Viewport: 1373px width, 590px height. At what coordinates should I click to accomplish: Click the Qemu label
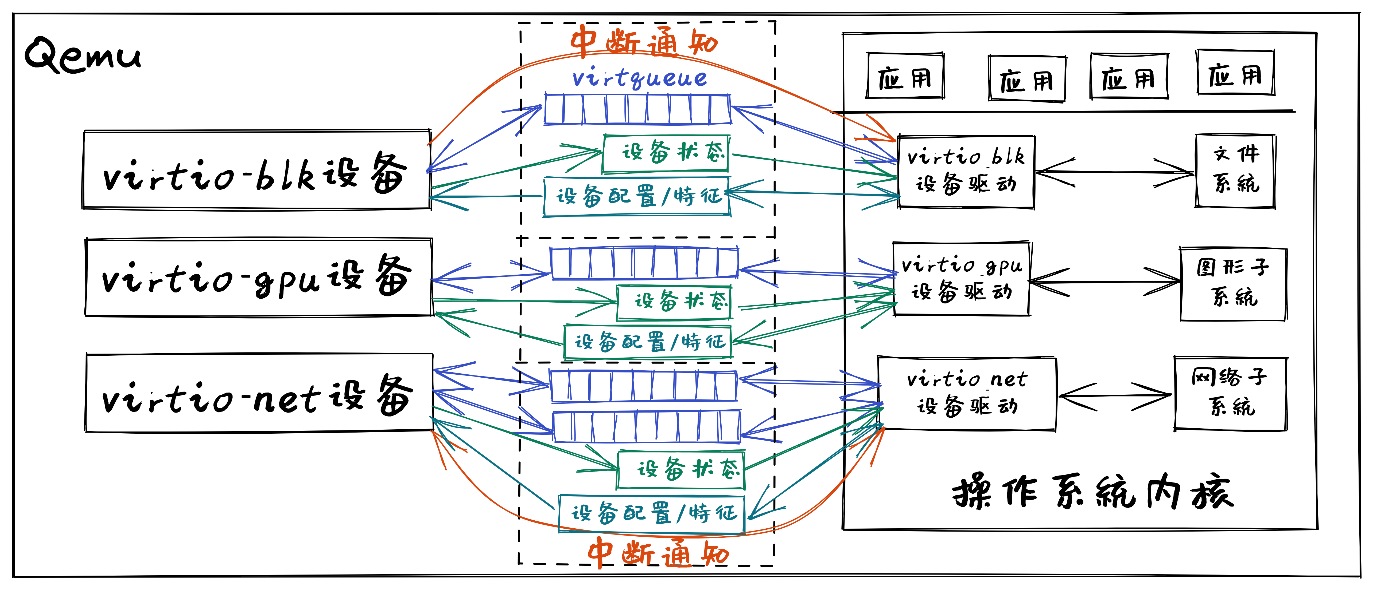tap(83, 56)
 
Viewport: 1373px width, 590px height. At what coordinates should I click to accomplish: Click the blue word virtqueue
tap(640, 78)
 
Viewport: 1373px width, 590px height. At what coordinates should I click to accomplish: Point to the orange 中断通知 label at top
tap(644, 42)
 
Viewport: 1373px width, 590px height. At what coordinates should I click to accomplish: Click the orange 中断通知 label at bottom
tap(658, 553)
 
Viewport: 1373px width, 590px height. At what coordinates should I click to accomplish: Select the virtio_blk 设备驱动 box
tap(966, 172)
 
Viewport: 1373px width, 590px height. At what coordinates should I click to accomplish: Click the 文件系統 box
tap(1235, 171)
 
